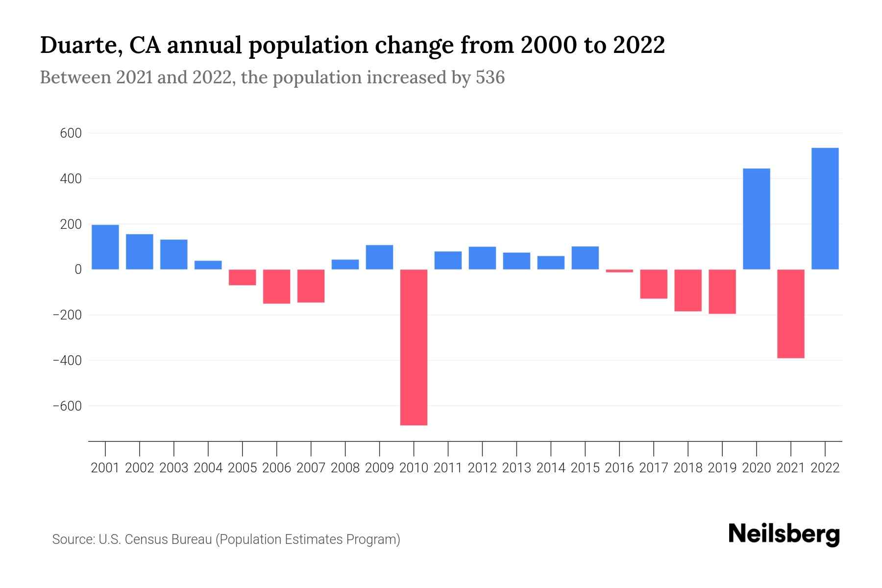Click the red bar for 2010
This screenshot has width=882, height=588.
pos(414,347)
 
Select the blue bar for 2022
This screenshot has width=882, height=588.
pos(825,208)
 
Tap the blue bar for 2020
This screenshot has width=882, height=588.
pos(756,219)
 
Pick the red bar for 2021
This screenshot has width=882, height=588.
pos(790,314)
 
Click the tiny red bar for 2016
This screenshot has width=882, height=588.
pos(619,271)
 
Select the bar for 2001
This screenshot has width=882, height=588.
pos(105,247)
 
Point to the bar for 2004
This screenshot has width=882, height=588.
pos(208,265)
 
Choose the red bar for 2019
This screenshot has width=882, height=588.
pos(722,292)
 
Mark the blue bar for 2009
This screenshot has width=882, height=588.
pos(379,257)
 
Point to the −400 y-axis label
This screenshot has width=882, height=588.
pos(67,361)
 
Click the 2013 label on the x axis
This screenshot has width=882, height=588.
pos(516,468)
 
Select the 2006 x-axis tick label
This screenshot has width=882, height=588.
pos(276,468)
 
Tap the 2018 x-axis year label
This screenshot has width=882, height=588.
pos(687,468)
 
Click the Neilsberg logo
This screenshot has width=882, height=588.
pos(784,534)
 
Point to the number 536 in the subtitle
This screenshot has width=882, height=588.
pos(490,77)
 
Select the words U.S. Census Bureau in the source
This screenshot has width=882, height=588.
pos(155,539)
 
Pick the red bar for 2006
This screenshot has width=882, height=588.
pos(276,287)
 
